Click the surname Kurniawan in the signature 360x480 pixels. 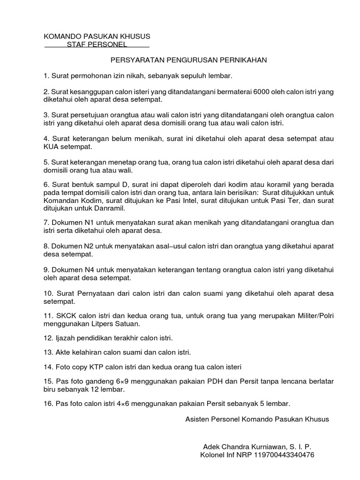(264, 446)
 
